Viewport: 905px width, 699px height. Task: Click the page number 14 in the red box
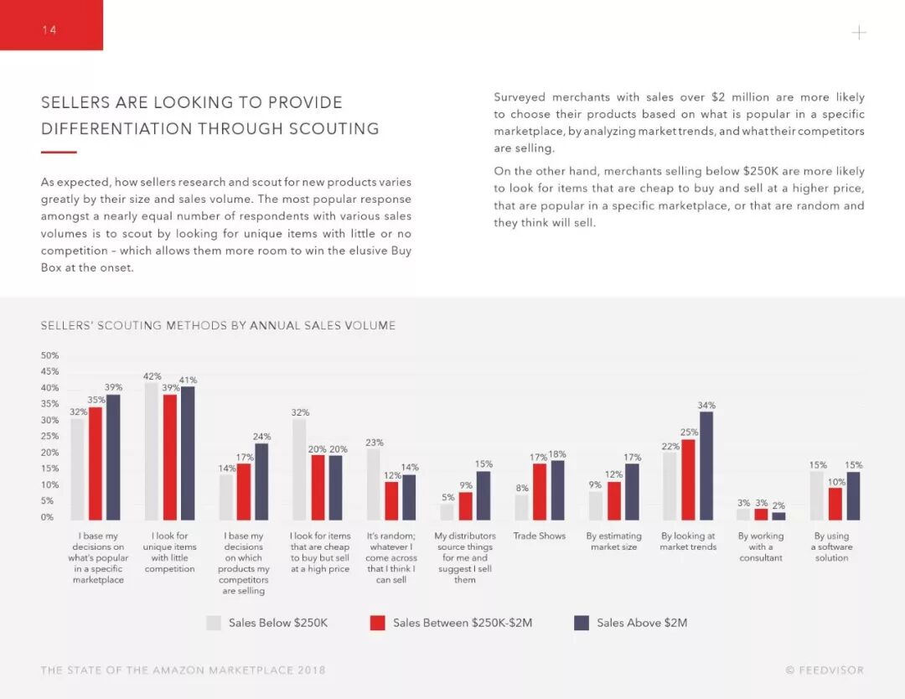(x=49, y=30)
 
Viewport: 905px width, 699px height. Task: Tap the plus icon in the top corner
(x=859, y=33)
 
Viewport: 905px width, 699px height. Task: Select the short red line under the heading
(x=59, y=153)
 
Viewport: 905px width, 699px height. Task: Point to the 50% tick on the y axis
(x=49, y=355)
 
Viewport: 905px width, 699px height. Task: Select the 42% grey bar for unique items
(x=152, y=452)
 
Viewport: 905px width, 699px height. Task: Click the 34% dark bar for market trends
(x=706, y=465)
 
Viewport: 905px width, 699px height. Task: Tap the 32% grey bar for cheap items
(x=299, y=469)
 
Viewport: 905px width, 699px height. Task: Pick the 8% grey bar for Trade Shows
(x=521, y=507)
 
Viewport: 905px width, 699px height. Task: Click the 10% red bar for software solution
(x=835, y=504)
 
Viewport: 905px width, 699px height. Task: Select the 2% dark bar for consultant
(x=778, y=516)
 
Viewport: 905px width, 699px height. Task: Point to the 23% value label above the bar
(x=375, y=443)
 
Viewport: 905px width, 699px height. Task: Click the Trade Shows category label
(x=540, y=536)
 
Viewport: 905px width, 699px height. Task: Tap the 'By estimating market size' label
(x=614, y=541)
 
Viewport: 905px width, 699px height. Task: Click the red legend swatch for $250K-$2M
(x=377, y=623)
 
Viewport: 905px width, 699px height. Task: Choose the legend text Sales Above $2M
(x=642, y=623)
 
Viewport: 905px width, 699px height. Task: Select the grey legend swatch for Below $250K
(x=214, y=623)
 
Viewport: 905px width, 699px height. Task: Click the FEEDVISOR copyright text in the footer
(x=825, y=670)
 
